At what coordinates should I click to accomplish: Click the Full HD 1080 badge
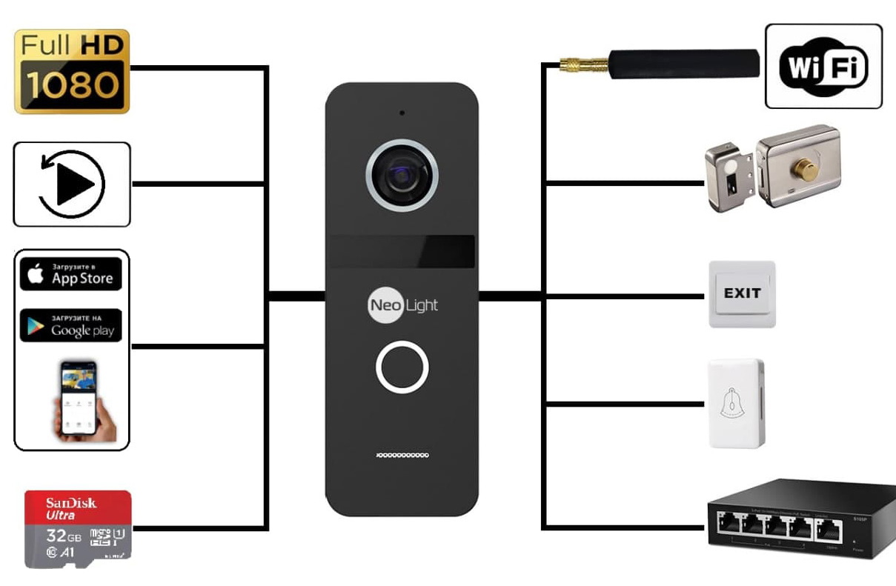[x=72, y=71]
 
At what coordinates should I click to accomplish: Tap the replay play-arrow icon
[x=72, y=184]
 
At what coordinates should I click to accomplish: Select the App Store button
[x=71, y=274]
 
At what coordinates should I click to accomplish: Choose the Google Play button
[x=71, y=326]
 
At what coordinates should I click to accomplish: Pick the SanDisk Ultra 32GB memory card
[x=78, y=529]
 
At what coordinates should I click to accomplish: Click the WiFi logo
[x=823, y=67]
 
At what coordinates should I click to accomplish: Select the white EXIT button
[x=742, y=293]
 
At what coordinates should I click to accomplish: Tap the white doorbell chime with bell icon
[x=736, y=404]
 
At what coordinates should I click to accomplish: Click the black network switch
[x=800, y=519]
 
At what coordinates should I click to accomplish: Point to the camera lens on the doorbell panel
[x=402, y=176]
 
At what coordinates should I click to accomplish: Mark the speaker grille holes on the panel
[x=402, y=454]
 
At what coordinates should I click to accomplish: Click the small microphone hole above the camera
[x=402, y=113]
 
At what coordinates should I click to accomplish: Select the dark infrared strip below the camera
[x=402, y=252]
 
